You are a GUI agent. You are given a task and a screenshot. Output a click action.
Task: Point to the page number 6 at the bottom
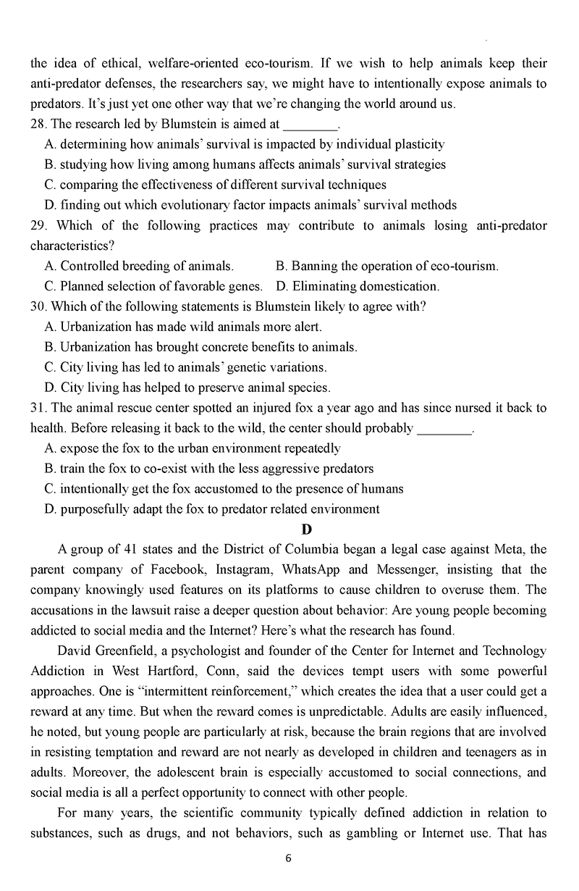(x=289, y=859)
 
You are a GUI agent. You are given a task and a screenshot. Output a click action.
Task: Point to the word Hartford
(x=172, y=671)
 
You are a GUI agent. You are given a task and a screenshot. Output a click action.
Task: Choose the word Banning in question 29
(x=313, y=266)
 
